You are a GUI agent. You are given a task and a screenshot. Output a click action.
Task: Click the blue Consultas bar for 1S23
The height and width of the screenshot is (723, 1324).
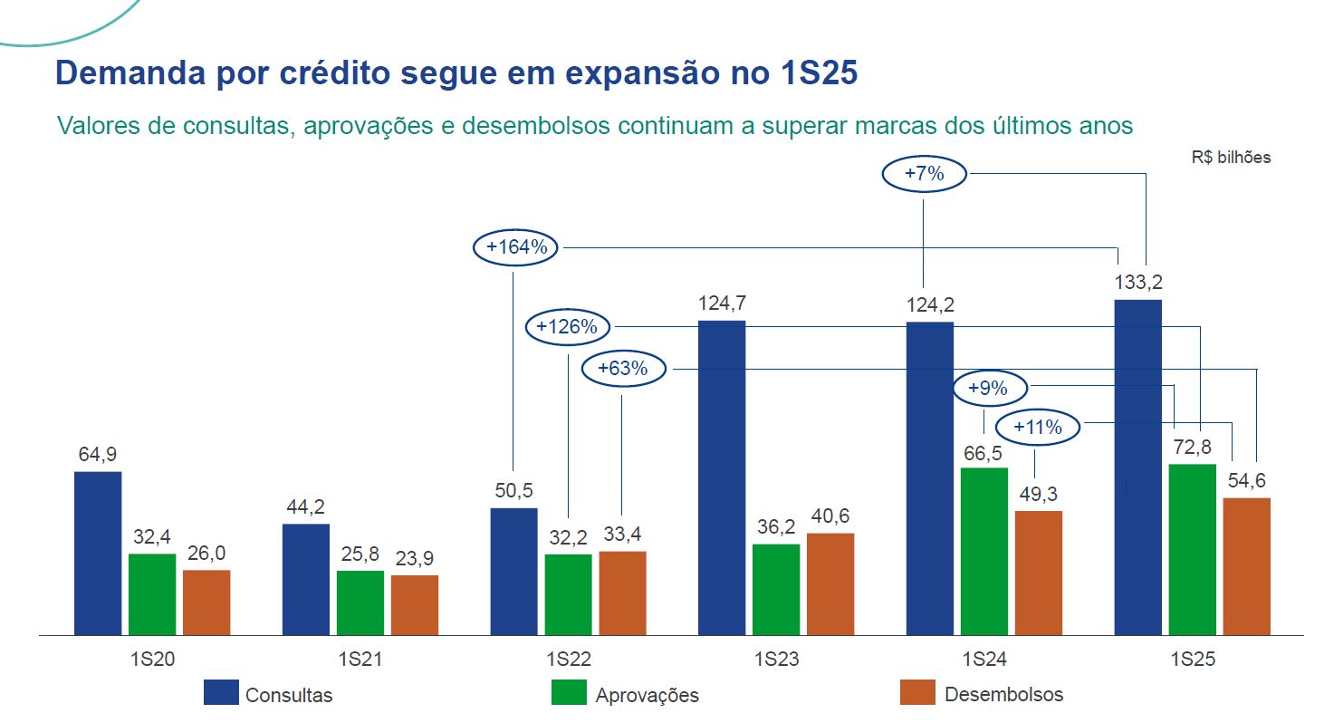[x=722, y=477]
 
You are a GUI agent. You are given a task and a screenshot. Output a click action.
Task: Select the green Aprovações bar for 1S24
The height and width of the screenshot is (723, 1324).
[x=984, y=551]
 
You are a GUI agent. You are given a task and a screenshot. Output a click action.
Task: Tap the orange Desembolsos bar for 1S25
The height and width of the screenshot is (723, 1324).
[x=1247, y=566]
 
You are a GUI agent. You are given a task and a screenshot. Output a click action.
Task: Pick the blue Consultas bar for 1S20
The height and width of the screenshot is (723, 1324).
[x=98, y=553]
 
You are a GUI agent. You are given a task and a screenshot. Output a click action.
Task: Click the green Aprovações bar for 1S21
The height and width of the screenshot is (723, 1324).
[x=360, y=602]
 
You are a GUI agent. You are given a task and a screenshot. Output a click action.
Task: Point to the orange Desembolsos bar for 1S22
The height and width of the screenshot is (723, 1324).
[x=622, y=593]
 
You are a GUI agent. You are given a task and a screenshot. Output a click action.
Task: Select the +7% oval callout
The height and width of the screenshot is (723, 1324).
[x=925, y=174]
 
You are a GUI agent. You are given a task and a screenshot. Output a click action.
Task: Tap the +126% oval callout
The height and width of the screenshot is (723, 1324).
[x=568, y=327]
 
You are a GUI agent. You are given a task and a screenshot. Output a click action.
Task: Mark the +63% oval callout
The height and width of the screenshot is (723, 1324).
[x=623, y=369]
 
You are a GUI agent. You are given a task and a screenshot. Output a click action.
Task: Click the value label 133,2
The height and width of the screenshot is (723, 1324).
[x=1138, y=283]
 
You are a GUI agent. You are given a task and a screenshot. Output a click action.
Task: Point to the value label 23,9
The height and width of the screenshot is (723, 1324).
[x=415, y=559]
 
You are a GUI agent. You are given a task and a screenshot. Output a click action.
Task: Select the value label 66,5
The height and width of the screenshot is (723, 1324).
[x=984, y=451]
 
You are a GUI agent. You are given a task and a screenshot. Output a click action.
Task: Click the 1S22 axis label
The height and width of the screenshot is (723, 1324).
[x=569, y=659]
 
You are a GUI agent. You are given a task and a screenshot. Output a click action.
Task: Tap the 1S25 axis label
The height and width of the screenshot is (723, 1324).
[x=1193, y=659]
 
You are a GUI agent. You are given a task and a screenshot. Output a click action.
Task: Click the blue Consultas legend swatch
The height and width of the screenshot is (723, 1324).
[x=221, y=692]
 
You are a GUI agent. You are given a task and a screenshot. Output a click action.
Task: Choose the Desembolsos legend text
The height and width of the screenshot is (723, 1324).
[x=1003, y=695]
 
